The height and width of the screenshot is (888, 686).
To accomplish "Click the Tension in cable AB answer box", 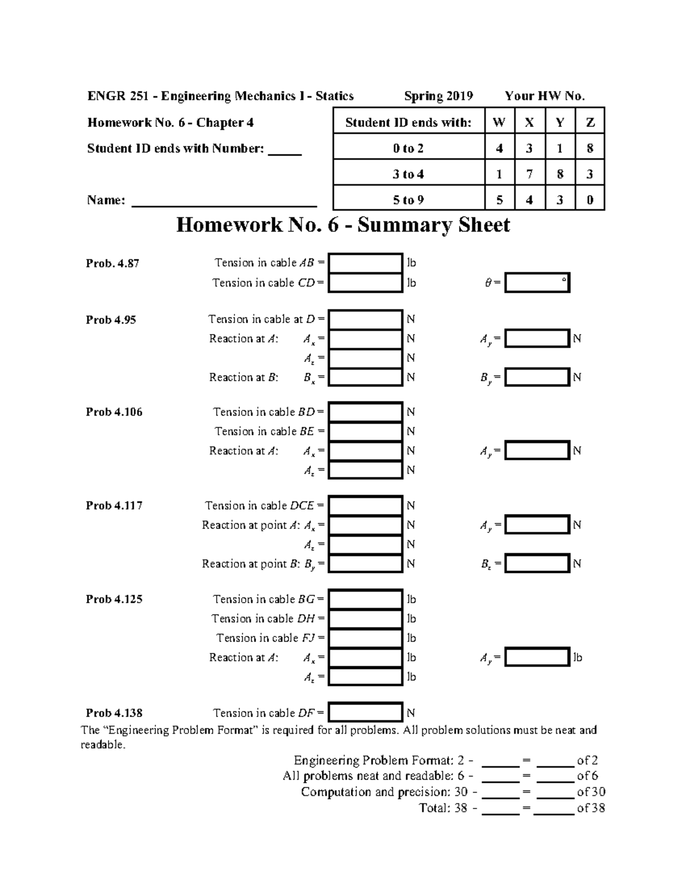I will (365, 263).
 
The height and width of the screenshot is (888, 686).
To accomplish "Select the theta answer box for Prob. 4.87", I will (537, 283).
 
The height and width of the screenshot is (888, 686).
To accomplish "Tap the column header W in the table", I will (499, 122).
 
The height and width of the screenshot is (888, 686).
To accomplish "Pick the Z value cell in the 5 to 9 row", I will (589, 200).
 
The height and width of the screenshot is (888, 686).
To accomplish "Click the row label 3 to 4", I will (408, 174).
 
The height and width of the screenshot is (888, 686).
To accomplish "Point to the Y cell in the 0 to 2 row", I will (560, 149).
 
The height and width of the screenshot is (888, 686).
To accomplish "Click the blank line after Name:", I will (224, 201).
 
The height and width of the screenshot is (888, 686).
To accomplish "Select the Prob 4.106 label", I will (114, 412).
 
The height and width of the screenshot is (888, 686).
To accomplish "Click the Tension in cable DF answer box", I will (365, 713).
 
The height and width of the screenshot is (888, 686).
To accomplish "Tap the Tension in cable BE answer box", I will (365, 432).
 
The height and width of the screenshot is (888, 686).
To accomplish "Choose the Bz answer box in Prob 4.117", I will (537, 564).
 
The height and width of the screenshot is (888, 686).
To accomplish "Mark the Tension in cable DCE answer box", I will (365, 506).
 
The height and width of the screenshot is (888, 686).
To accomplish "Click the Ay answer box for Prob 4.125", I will (537, 658).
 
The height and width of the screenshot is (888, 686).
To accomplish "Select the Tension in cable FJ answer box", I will (365, 638).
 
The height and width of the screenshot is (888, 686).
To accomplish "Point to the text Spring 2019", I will (438, 96).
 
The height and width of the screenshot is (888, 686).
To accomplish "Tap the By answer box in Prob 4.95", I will (537, 377).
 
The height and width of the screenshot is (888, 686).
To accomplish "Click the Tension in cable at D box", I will (365, 320).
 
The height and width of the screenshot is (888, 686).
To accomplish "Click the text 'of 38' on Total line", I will (591, 808).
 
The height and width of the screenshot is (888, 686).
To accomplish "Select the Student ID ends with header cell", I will (408, 122).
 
